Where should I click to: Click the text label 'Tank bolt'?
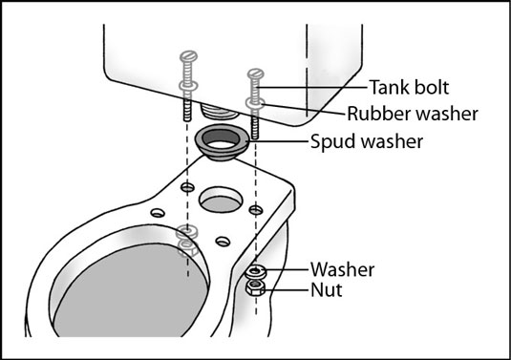pyautogui.click(x=410, y=87)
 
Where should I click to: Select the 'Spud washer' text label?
pyautogui.click(x=367, y=141)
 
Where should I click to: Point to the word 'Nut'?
pyautogui.click(x=327, y=290)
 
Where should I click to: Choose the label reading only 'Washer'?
pyautogui.click(x=343, y=269)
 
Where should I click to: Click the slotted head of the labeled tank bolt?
pyautogui.click(x=256, y=74)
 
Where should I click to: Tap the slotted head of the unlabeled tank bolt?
pyautogui.click(x=188, y=55)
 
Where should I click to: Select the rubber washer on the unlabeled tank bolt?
pyautogui.click(x=188, y=86)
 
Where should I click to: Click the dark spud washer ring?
pyautogui.click(x=223, y=142)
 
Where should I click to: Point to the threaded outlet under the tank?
pyautogui.click(x=219, y=112)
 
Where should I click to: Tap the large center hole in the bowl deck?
pyautogui.click(x=222, y=200)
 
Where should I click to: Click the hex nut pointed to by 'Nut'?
pyautogui.click(x=255, y=288)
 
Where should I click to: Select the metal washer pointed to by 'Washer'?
pyautogui.click(x=256, y=271)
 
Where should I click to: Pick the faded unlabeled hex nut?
pyautogui.click(x=188, y=248)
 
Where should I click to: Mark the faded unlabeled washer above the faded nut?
pyautogui.click(x=187, y=233)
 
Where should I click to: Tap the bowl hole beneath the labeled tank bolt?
pyautogui.click(x=256, y=210)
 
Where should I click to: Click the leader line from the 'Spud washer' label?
pyautogui.click(x=279, y=141)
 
